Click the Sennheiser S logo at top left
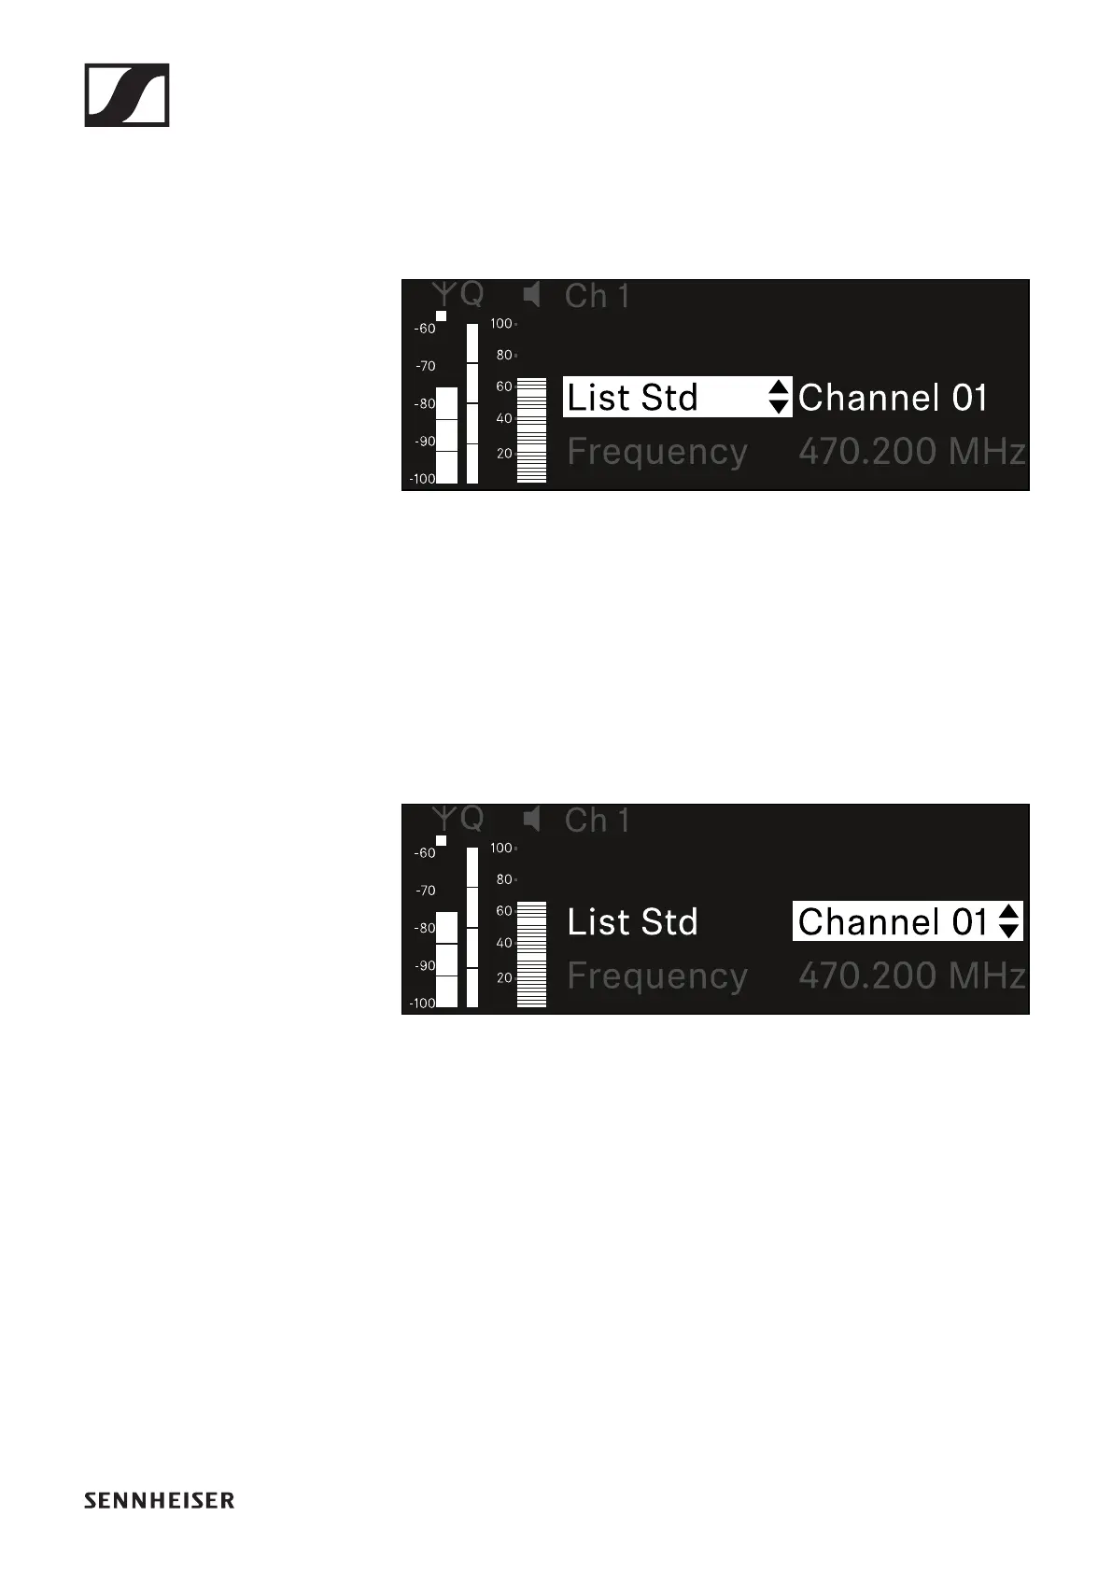coord(127,95)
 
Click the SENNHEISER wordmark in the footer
coord(160,1500)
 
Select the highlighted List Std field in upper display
coord(665,397)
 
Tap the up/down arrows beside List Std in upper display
coord(779,397)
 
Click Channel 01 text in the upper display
coord(893,398)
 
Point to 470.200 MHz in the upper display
coord(911,452)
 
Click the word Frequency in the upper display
coord(657,452)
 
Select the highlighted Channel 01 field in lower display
coord(894,921)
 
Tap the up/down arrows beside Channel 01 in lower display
coord(1008,921)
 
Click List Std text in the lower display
coord(632,922)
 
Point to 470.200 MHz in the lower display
coord(911,976)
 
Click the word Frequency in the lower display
coord(657,976)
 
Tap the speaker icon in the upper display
coord(532,296)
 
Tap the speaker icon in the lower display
coord(532,821)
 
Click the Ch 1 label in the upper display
coord(597,297)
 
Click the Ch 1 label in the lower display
coord(597,821)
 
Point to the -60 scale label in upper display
coord(425,329)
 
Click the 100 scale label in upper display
coord(501,324)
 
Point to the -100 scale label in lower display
coord(422,1004)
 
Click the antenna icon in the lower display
coord(446,819)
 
